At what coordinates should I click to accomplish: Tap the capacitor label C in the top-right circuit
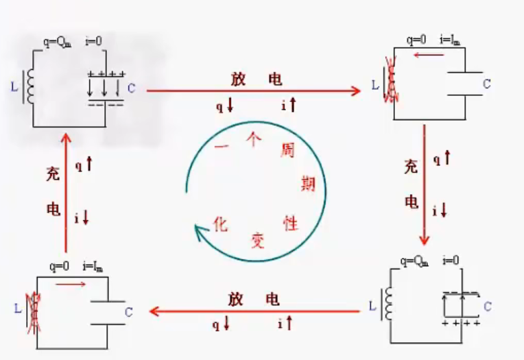coord(487,84)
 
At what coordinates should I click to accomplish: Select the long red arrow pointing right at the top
coord(254,91)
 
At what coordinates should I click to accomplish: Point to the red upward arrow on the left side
coord(66,192)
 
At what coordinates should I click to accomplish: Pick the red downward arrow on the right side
coord(425,185)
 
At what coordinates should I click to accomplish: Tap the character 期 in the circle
coord(308,183)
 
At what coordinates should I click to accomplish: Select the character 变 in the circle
coord(257,239)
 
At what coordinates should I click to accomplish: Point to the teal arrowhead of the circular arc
coord(200,234)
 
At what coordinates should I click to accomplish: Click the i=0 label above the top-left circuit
coord(93,40)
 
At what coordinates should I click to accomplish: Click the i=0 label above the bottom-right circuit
coord(451,261)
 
